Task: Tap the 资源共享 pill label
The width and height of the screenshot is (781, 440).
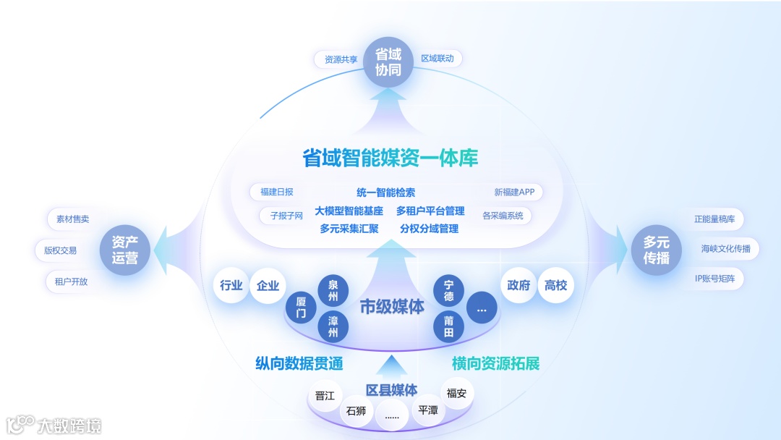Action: point(341,59)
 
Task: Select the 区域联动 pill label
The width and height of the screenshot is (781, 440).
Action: point(438,58)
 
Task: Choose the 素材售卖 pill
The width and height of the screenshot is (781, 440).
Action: point(72,219)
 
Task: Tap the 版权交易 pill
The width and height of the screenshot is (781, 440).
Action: point(60,250)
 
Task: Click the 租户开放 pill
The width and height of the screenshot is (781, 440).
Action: point(71,282)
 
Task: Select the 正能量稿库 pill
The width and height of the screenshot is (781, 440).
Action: point(714,219)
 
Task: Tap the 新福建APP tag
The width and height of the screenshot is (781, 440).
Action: point(514,192)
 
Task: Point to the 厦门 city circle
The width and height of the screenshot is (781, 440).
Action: point(301,308)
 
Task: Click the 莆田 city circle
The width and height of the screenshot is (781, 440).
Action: point(448,326)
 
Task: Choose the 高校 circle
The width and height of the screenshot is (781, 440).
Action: point(555,285)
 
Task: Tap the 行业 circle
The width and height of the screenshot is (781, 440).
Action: point(231,285)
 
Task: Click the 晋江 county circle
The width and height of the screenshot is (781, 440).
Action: point(325,396)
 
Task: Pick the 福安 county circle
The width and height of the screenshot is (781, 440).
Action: point(456,394)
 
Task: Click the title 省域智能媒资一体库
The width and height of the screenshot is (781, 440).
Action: point(390,158)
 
